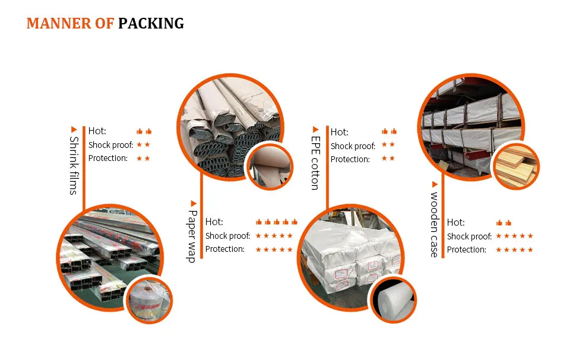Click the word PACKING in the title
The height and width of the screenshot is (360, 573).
tap(151, 23)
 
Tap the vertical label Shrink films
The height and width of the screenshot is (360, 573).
tap(74, 166)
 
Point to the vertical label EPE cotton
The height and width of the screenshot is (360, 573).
tap(315, 163)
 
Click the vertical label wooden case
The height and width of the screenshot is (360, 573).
tap(434, 225)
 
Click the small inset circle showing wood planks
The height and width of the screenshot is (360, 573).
tap(515, 167)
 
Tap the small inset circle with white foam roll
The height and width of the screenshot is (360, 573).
tap(393, 299)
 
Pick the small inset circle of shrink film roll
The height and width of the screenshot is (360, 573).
tap(149, 299)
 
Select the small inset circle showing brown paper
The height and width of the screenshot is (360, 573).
tap(270, 166)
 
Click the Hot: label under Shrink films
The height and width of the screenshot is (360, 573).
tap(97, 131)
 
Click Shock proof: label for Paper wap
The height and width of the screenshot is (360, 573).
tap(227, 236)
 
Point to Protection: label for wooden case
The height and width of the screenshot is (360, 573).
tap(467, 250)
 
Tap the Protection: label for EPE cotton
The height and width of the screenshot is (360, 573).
tap(350, 159)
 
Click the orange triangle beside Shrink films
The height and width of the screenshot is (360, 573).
tap(74, 130)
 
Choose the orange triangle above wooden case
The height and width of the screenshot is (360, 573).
tap(435, 184)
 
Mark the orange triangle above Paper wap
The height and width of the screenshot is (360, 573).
tap(194, 203)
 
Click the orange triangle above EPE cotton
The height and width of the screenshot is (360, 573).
tap(316, 130)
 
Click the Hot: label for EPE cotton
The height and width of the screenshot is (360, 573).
tap(340, 132)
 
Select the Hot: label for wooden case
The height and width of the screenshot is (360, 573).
tap(455, 222)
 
